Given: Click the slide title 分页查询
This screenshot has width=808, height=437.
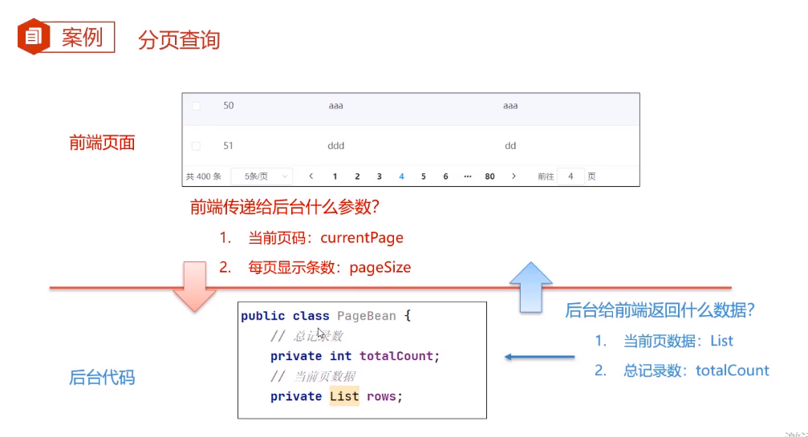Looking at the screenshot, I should [179, 40].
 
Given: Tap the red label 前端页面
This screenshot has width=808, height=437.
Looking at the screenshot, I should [102, 144].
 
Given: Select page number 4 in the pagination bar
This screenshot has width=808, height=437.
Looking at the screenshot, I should [401, 176].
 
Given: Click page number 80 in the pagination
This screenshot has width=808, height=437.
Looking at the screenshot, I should [489, 176].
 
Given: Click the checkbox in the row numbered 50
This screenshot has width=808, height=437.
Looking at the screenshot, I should [196, 106].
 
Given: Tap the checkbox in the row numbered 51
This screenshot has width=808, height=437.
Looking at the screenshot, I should [196, 146].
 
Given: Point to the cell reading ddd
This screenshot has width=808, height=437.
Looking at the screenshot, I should [336, 146].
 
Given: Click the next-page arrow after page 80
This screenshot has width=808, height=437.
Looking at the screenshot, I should [514, 176].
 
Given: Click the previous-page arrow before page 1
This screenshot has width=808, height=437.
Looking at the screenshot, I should [311, 176].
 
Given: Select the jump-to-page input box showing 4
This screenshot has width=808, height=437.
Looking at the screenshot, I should [570, 176].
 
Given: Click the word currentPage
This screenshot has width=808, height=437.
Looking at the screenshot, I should [362, 238].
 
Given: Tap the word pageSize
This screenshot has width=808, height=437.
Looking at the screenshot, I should [380, 268].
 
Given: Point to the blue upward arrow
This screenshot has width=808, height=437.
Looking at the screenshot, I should [530, 286].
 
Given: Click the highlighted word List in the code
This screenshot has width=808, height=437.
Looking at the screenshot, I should [344, 397].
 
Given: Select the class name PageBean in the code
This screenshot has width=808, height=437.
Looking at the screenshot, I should [367, 316].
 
